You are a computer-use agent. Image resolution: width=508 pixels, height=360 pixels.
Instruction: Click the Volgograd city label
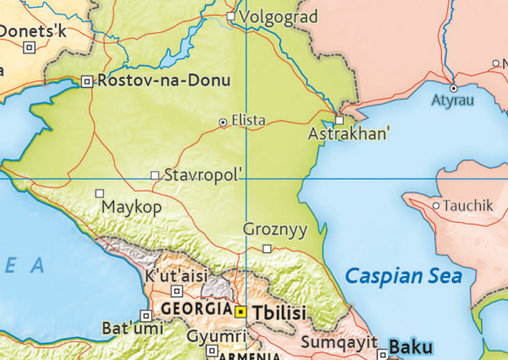pos(279,17)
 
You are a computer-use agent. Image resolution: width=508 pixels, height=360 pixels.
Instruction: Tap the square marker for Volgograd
pos(231,16)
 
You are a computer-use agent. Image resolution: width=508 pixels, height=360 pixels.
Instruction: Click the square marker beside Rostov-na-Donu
pos(87,81)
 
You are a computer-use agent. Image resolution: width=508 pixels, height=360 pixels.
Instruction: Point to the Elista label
pos(247,121)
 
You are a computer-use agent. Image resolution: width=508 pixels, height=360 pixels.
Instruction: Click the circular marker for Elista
pos(223,122)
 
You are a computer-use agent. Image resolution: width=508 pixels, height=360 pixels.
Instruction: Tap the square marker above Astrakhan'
pos(340,120)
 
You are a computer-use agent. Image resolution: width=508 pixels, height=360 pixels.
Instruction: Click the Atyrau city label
pos(453,101)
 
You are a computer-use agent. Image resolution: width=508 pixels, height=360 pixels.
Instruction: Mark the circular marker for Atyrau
pos(453,87)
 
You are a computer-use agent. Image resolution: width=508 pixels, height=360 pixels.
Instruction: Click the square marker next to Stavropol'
pos(154,175)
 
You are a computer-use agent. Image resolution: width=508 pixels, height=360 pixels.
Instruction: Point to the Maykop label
pos(131,207)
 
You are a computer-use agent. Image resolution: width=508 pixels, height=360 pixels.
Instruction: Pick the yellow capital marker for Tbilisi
pos(241,312)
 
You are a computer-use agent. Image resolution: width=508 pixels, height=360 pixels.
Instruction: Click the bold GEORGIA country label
pos(196,308)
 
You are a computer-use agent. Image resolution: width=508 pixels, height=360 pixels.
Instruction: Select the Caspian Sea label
pos(404,276)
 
